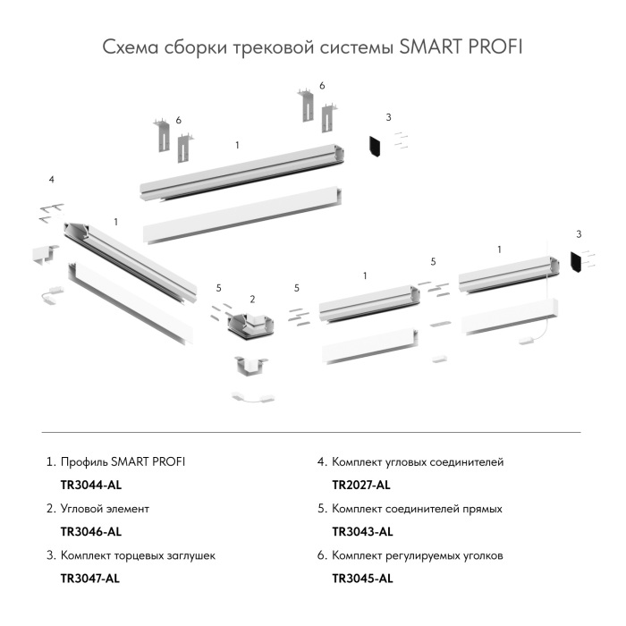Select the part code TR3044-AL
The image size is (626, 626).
(89, 485)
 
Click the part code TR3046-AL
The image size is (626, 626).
(89, 531)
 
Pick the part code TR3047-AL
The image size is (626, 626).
(89, 578)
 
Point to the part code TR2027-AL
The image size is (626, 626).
(361, 485)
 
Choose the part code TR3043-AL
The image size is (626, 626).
(362, 531)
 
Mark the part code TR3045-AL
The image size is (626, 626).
(362, 578)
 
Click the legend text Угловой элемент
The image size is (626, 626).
(105, 508)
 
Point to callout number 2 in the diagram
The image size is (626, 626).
(252, 299)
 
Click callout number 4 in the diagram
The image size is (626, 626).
(52, 180)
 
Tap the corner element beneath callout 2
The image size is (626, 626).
(251, 326)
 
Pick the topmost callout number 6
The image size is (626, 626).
(322, 86)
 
